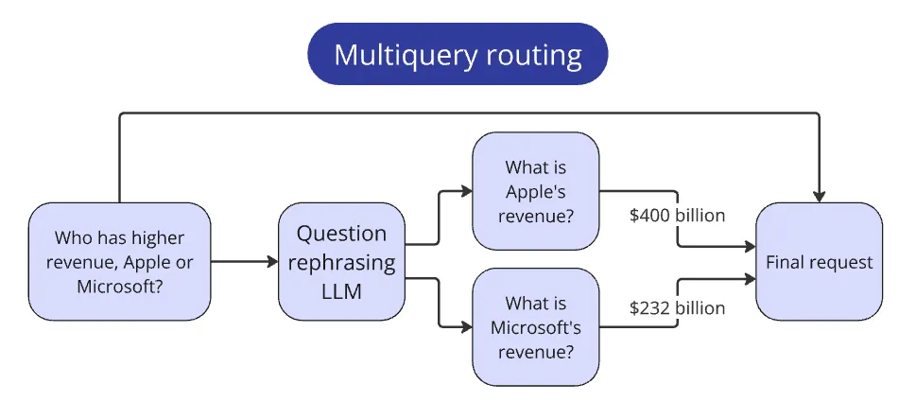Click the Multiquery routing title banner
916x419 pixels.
[x=458, y=54]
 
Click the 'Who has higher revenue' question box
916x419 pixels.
[x=119, y=260]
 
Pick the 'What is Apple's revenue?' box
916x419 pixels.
[x=536, y=193]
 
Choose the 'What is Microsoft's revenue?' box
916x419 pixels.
[x=536, y=326]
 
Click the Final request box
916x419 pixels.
[x=819, y=261]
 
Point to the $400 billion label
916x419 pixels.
[x=677, y=215]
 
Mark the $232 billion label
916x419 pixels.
[x=677, y=307]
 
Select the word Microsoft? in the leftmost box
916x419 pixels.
[x=119, y=283]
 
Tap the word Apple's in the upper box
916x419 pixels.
[x=536, y=193]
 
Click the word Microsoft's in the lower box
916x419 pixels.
[x=536, y=326]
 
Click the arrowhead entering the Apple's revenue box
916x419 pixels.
[x=466, y=192]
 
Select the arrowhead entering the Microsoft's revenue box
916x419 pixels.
[x=466, y=326]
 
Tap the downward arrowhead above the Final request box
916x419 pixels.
[x=819, y=196]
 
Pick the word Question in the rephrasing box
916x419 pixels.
[x=342, y=234]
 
